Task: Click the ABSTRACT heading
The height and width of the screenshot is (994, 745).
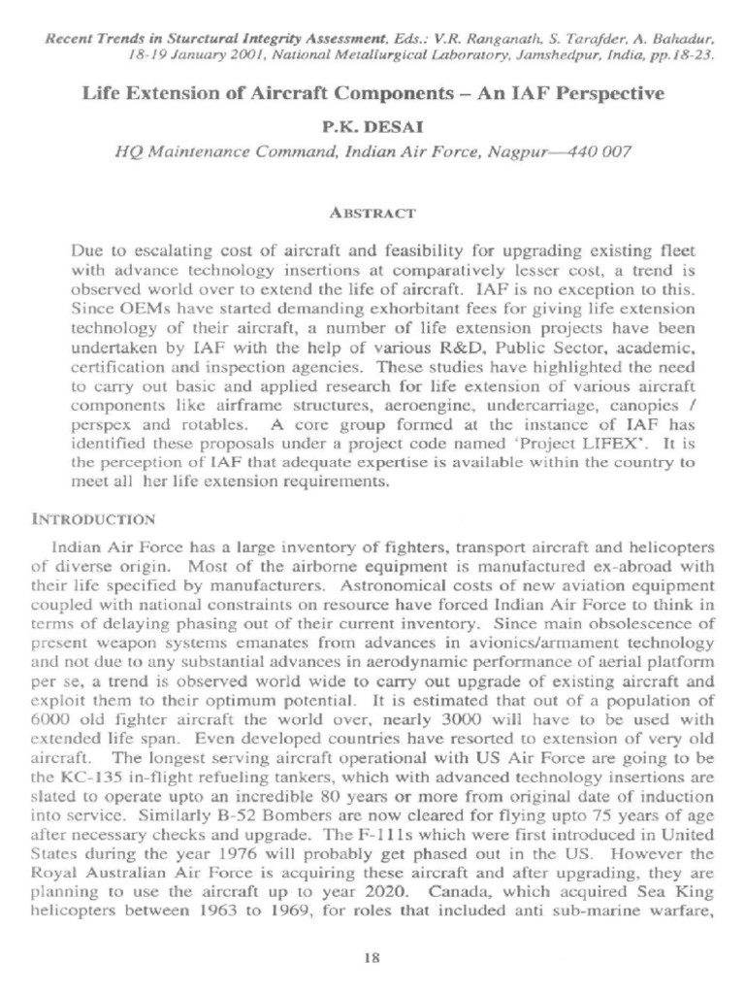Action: click(x=372, y=212)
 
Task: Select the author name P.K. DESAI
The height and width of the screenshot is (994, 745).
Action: click(x=372, y=126)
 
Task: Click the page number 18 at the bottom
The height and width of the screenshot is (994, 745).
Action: click(x=372, y=956)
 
